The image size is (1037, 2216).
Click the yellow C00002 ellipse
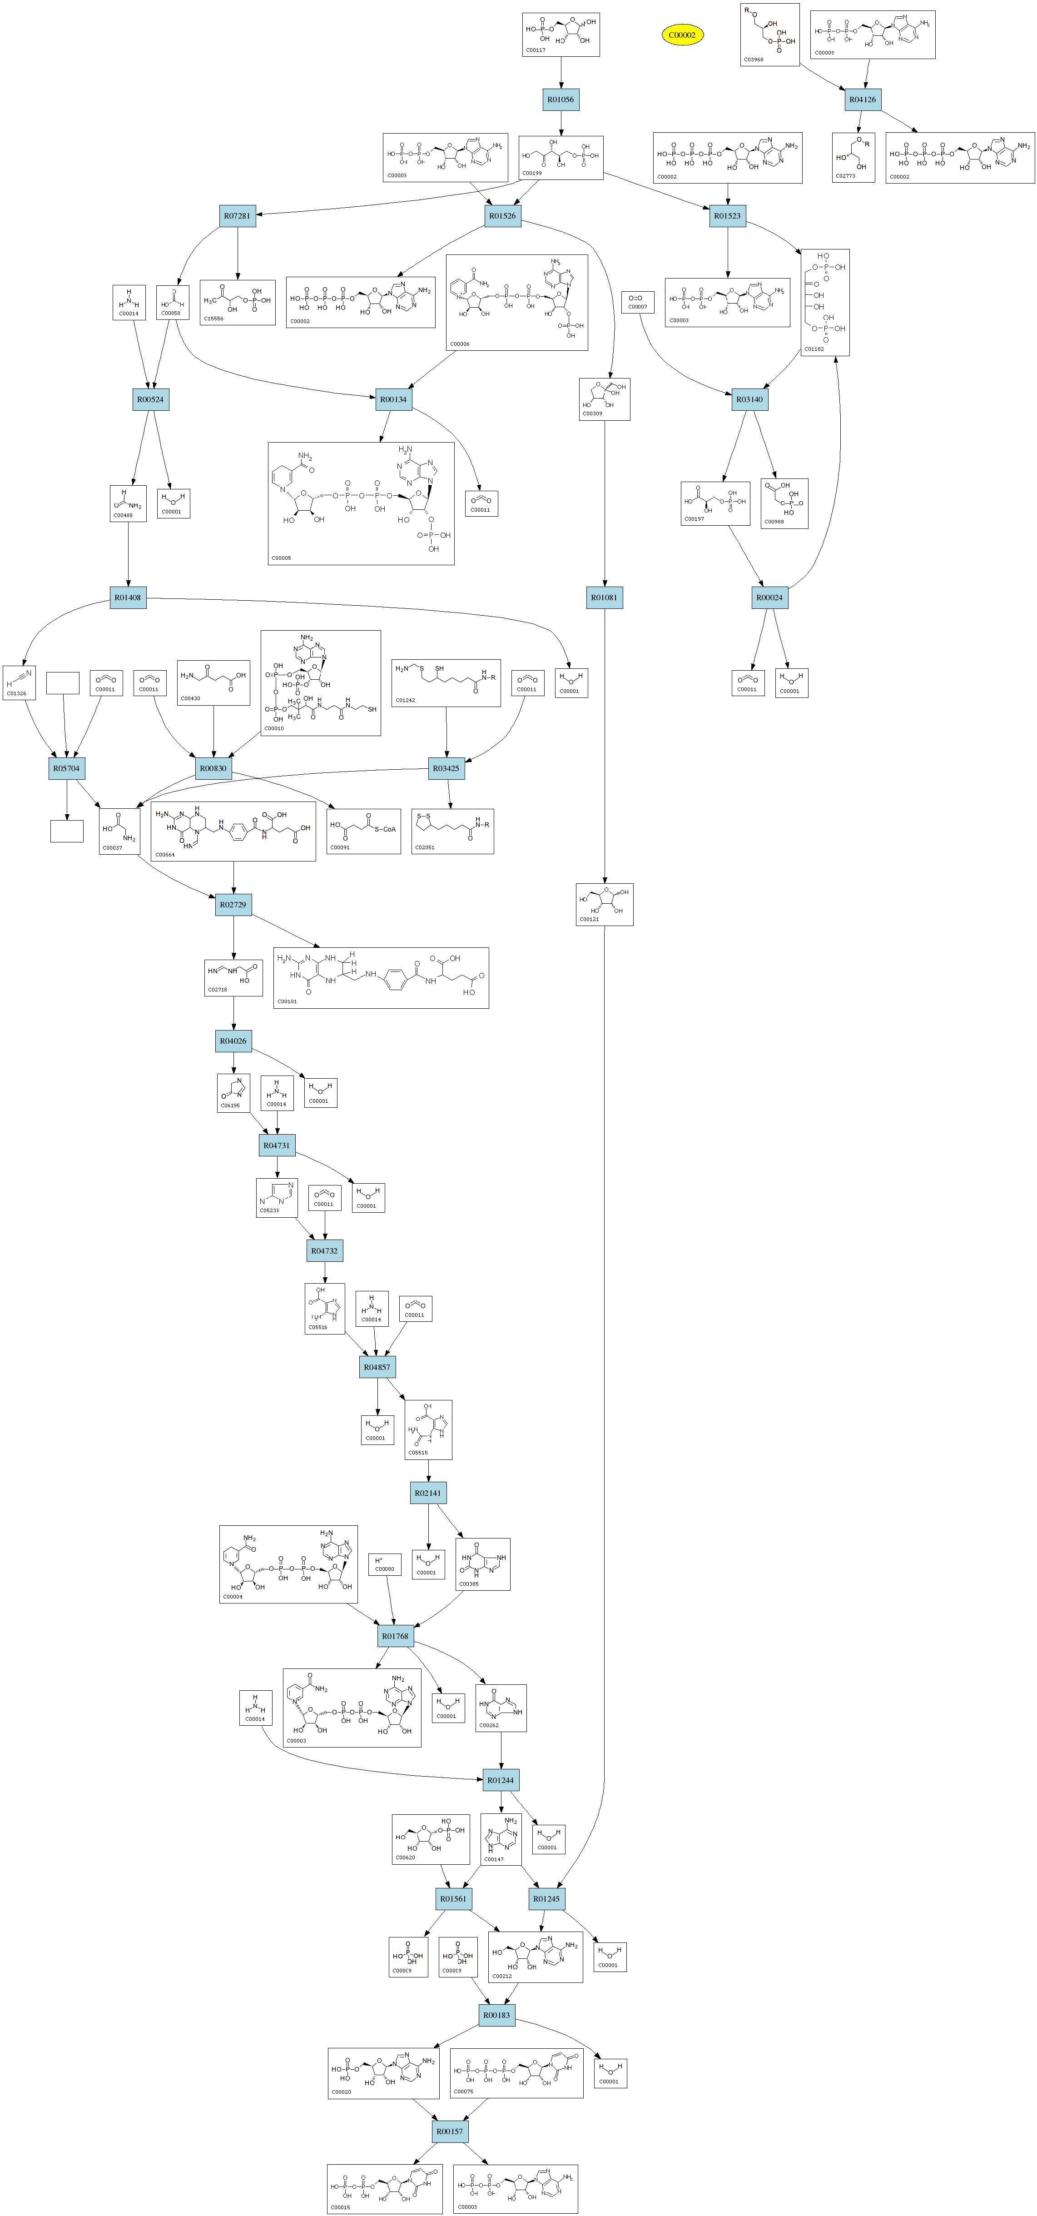coord(682,35)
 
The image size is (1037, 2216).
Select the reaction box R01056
coord(561,100)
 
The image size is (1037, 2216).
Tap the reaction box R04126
coord(863,100)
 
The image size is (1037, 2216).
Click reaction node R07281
coord(237,216)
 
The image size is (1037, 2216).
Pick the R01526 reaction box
coord(502,216)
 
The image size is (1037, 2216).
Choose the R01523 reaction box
coord(728,216)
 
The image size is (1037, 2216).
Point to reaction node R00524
coord(150,400)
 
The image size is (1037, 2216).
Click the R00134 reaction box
coord(394,400)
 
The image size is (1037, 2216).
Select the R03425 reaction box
coord(446,769)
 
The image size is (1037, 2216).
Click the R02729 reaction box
coord(233,905)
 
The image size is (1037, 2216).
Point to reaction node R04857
coord(377,1367)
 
